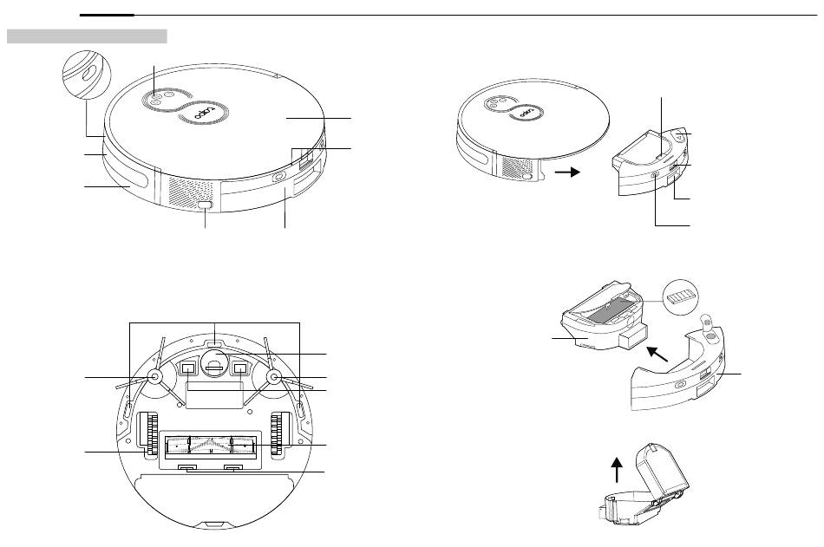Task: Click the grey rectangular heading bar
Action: click(87, 36)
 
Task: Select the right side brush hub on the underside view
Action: click(273, 377)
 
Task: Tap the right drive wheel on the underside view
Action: click(279, 433)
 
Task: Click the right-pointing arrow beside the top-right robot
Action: click(568, 172)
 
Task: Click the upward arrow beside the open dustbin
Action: click(617, 469)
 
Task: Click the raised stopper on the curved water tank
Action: click(707, 324)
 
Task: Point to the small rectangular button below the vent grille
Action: click(206, 206)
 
